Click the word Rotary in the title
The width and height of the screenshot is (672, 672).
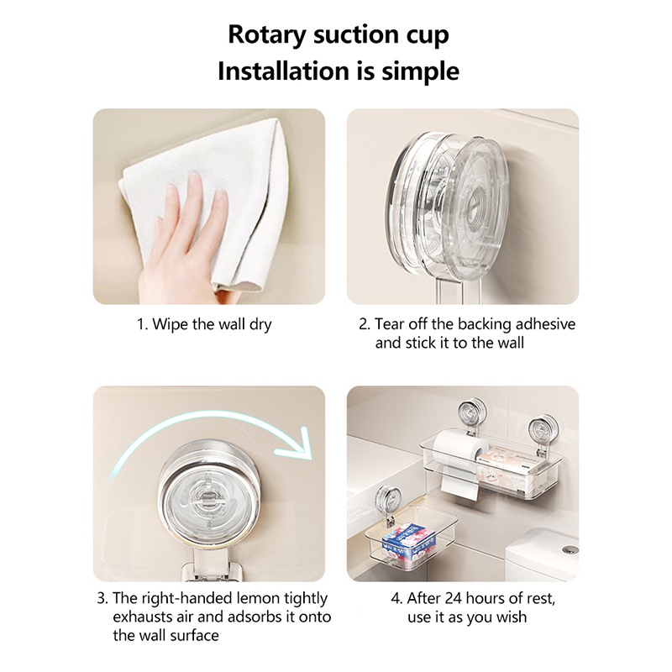[266, 34]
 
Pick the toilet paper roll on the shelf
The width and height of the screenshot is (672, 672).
[459, 454]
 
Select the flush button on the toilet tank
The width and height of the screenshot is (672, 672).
[570, 550]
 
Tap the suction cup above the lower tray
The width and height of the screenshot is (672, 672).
[387, 501]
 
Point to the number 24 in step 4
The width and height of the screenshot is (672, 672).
[454, 598]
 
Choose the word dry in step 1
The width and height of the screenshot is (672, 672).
[260, 325]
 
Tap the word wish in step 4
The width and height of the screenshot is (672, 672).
[512, 617]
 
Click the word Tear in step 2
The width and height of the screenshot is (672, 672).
[389, 324]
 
